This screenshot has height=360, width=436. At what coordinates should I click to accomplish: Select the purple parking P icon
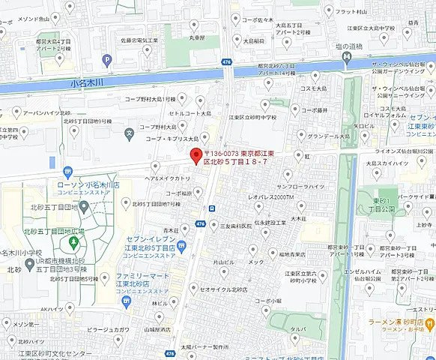[107, 61]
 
